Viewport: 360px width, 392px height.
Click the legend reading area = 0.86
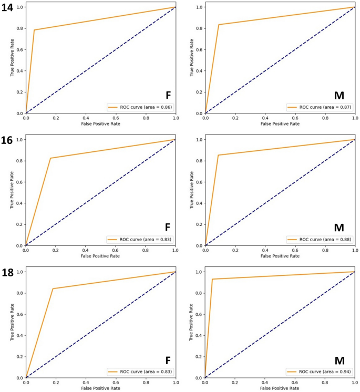tap(140, 107)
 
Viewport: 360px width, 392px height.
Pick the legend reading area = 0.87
tap(320, 107)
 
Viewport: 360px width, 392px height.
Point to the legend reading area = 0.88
tap(320, 239)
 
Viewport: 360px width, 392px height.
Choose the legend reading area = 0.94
tap(320, 372)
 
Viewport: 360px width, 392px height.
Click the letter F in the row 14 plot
tap(168, 95)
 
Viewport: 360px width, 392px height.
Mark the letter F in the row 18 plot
tap(168, 360)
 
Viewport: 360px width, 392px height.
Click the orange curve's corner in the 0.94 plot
tap(212, 279)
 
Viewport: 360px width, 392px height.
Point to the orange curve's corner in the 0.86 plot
tap(34, 30)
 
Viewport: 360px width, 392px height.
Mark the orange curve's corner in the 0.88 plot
tap(218, 155)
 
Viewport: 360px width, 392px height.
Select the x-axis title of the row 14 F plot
tap(100, 123)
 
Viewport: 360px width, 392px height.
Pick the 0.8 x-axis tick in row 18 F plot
tap(146, 383)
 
